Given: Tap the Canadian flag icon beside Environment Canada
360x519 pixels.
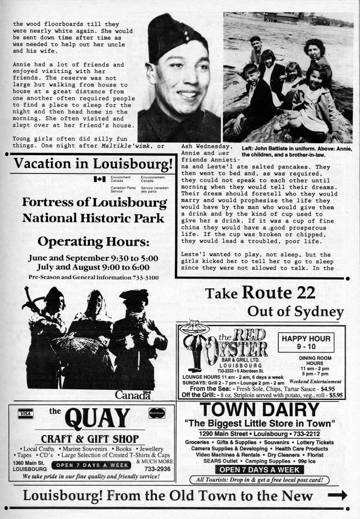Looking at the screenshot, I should tap(99, 179).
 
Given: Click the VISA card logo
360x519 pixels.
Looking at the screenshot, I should tap(26, 414).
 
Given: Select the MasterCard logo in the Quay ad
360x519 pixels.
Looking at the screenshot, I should tap(157, 413).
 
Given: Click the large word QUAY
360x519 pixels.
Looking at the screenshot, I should tap(97, 419).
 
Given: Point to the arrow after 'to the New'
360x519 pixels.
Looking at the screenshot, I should tap(337, 495).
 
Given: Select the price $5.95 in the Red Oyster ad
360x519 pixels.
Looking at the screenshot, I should tap(333, 395).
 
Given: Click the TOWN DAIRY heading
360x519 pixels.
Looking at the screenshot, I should tap(260, 410).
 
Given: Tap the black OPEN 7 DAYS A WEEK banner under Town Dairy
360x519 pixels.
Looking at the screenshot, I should tap(260, 470).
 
